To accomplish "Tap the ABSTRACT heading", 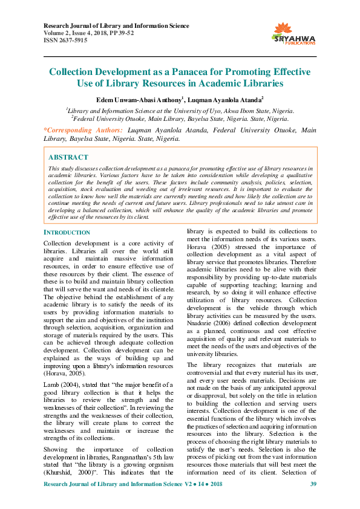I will [68, 157].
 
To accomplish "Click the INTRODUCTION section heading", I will [67, 232].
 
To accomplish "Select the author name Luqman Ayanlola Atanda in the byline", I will [224, 99].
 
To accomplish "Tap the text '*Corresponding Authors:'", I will [83, 130].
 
